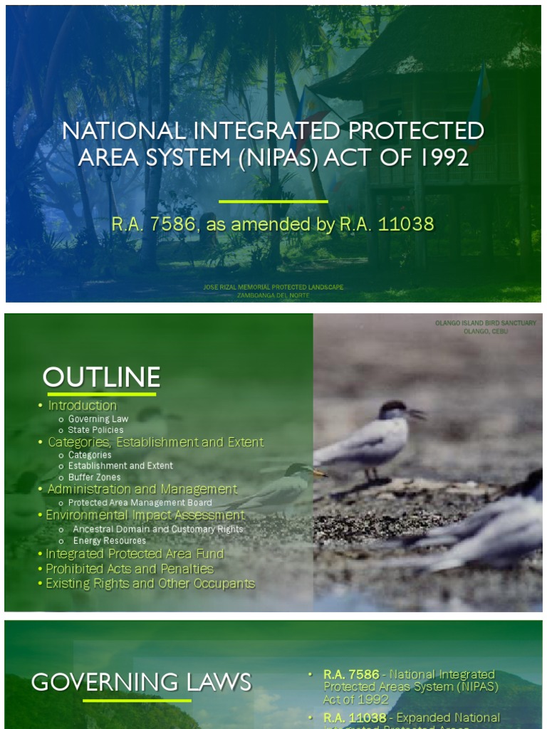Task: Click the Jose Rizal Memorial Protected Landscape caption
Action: (x=273, y=288)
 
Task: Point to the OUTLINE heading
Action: (x=101, y=377)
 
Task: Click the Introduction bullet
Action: (x=82, y=406)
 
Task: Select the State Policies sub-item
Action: (x=95, y=430)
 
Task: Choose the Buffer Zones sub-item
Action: (x=94, y=477)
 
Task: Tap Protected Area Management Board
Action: (x=140, y=503)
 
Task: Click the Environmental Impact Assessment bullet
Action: (x=145, y=515)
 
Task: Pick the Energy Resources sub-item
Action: (x=109, y=540)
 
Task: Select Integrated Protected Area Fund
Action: (x=135, y=554)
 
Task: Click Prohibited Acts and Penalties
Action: (x=130, y=569)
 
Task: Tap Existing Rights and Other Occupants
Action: (x=150, y=584)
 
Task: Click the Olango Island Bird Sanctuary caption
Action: (x=486, y=323)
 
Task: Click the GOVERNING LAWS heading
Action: (x=141, y=682)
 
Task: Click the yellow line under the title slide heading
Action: (x=273, y=201)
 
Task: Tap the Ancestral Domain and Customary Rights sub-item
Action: (x=157, y=529)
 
